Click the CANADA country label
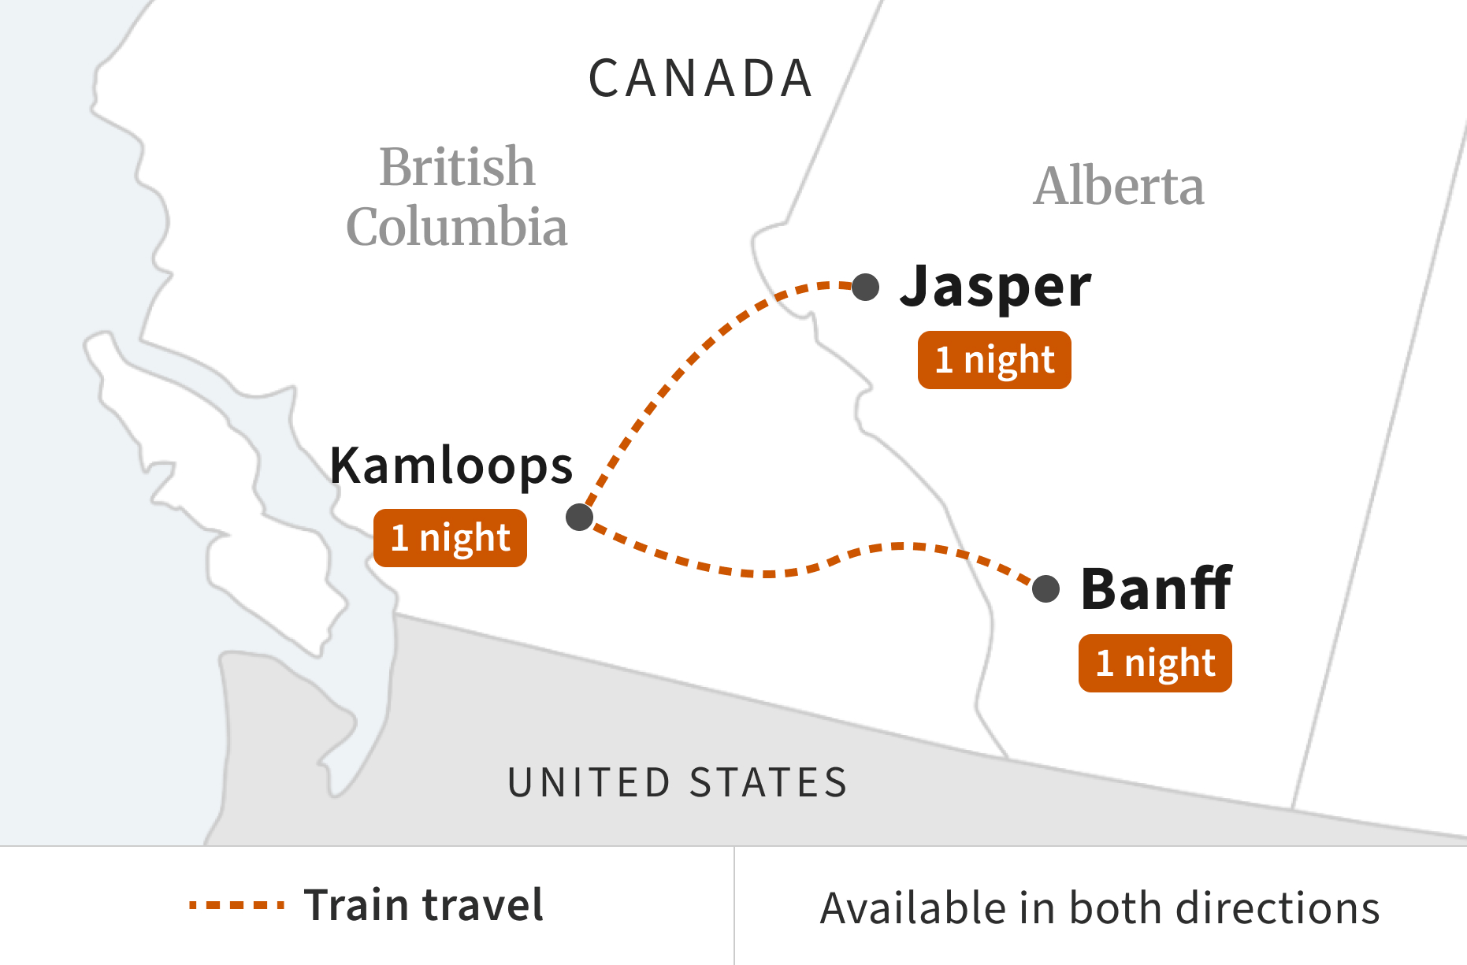click(x=700, y=79)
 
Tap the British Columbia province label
click(x=457, y=197)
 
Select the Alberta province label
click(x=1119, y=187)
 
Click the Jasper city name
click(x=996, y=286)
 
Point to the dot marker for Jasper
click(x=866, y=287)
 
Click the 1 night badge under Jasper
click(x=994, y=360)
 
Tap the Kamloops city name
click(x=451, y=466)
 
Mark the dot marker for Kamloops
click(x=579, y=517)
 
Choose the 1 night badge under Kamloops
click(x=450, y=538)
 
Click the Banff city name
click(x=1156, y=589)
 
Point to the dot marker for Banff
click(x=1045, y=588)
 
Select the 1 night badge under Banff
click(x=1155, y=663)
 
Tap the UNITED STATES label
click(x=678, y=783)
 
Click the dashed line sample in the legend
click(x=236, y=905)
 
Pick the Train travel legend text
click(x=424, y=905)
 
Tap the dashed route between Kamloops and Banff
click(x=788, y=571)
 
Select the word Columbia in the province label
click(x=457, y=227)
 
